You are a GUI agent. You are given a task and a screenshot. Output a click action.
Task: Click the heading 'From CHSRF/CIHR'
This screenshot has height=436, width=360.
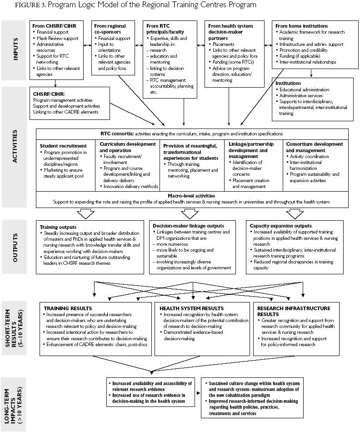(x=54, y=26)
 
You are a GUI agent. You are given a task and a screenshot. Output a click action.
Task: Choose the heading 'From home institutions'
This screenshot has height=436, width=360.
(x=301, y=26)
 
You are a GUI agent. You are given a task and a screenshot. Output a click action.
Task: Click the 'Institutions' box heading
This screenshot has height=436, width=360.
(x=288, y=83)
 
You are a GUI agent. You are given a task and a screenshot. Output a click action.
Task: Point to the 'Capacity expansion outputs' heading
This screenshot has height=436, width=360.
(x=281, y=226)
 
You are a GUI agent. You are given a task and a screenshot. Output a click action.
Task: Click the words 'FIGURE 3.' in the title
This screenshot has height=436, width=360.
(x=20, y=6)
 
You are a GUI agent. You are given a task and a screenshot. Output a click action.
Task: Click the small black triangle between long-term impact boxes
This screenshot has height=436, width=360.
(x=199, y=391)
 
